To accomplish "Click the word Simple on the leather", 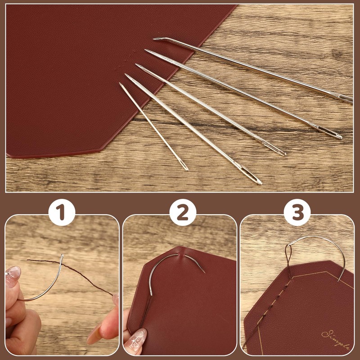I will coord(335,339).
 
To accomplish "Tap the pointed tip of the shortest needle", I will coord(120,84).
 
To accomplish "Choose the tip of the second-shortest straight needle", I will coord(126,76).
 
